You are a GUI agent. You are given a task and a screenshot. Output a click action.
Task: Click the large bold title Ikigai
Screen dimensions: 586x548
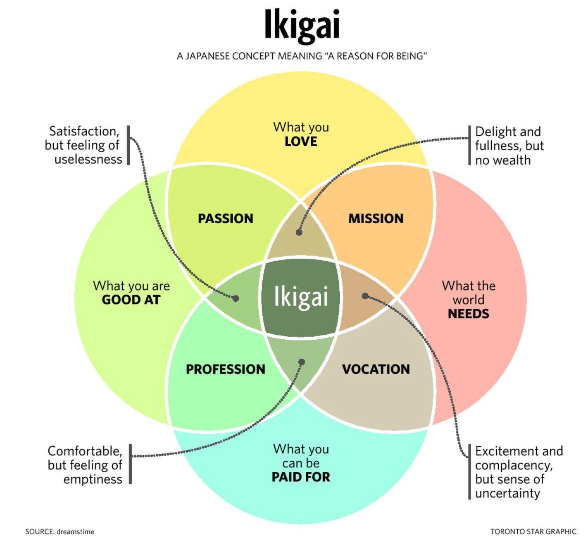(302, 26)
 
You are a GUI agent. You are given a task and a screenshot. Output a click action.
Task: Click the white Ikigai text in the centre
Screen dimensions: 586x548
(301, 296)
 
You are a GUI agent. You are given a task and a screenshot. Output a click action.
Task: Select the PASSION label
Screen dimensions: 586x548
(225, 219)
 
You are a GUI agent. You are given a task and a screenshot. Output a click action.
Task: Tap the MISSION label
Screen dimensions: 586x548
(376, 219)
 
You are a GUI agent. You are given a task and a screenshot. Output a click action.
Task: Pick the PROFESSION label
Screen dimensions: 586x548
(225, 369)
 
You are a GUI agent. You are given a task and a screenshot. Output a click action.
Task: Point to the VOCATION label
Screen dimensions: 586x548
(376, 369)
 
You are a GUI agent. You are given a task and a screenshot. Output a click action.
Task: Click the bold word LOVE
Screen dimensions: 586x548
(301, 142)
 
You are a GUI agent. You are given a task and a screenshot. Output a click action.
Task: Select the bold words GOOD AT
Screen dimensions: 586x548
(131, 300)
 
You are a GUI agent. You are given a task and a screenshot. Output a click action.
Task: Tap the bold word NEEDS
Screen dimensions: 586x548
(468, 314)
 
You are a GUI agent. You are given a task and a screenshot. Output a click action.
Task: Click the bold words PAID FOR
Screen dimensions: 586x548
(301, 477)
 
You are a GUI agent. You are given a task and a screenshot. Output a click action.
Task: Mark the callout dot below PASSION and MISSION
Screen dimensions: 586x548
(299, 232)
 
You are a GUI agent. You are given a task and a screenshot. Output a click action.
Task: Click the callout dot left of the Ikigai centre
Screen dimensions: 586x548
(236, 298)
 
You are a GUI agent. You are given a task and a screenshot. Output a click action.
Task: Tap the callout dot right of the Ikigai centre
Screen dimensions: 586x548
(365, 295)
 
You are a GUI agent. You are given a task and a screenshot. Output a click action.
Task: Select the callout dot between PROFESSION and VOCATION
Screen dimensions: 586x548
(301, 362)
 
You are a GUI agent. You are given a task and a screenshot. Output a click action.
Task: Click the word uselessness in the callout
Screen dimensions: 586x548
(88, 160)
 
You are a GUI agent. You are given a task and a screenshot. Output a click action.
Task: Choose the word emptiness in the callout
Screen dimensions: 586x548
(93, 479)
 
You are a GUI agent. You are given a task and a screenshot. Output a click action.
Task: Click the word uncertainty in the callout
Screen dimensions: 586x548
(507, 493)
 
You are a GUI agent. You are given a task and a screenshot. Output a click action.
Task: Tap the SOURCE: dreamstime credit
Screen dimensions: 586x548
(60, 531)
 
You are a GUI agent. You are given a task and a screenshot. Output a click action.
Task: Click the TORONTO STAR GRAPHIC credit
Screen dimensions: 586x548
(533, 531)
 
